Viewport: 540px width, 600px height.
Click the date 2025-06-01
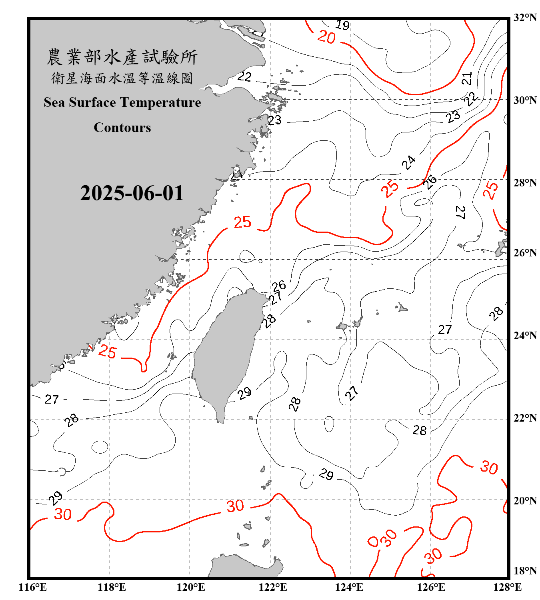point(132,193)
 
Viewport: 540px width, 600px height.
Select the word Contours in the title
point(122,128)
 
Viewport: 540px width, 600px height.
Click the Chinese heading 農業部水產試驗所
point(122,57)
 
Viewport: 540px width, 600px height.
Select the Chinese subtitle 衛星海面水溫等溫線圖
point(122,78)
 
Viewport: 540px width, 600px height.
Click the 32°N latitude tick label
point(525,18)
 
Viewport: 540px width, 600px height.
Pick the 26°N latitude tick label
point(525,253)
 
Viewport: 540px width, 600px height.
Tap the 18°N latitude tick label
point(525,571)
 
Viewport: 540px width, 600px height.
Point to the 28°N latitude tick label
point(525,182)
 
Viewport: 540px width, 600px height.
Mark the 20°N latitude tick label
point(525,500)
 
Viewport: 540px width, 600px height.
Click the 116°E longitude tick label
point(33,587)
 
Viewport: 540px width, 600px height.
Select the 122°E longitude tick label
point(273,587)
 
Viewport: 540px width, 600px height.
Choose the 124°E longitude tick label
point(349,587)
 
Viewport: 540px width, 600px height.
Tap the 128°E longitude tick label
point(507,587)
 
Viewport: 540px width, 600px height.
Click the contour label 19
point(342,25)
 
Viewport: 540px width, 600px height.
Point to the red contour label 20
point(326,38)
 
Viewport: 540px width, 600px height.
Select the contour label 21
point(467,78)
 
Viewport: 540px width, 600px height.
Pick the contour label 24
point(409,163)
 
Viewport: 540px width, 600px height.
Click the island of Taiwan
point(226,352)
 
